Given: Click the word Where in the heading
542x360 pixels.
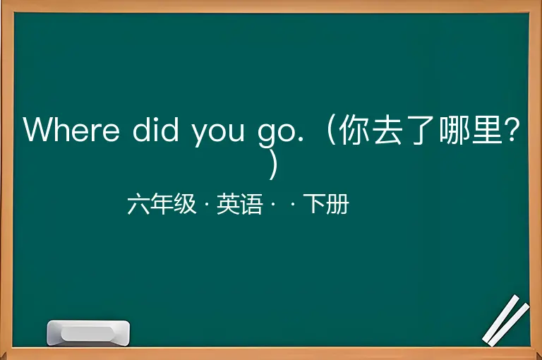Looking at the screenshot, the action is click(71, 129).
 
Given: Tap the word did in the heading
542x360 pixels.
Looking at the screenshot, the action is click(155, 128).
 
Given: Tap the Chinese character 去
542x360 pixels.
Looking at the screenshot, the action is click(388, 129).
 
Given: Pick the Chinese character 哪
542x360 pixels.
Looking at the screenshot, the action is click(454, 129).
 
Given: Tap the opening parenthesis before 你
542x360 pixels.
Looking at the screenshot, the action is click(331, 129).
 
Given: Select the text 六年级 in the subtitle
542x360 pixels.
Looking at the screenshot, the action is click(162, 204).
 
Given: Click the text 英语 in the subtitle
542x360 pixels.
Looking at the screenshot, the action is click(239, 204).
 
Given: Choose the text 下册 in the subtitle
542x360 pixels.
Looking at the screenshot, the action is click(326, 204).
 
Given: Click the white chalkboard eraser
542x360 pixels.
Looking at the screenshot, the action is click(88, 332).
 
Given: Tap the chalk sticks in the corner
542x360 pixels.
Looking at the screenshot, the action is click(506, 320).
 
